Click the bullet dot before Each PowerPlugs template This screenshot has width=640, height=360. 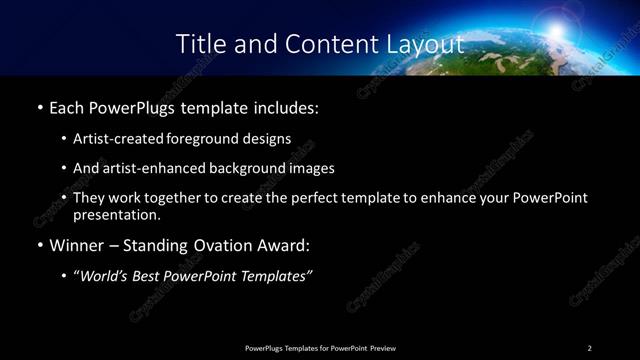tap(39, 106)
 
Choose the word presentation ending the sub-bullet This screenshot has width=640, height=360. tap(116, 214)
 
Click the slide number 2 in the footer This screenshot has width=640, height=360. tap(589, 347)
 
